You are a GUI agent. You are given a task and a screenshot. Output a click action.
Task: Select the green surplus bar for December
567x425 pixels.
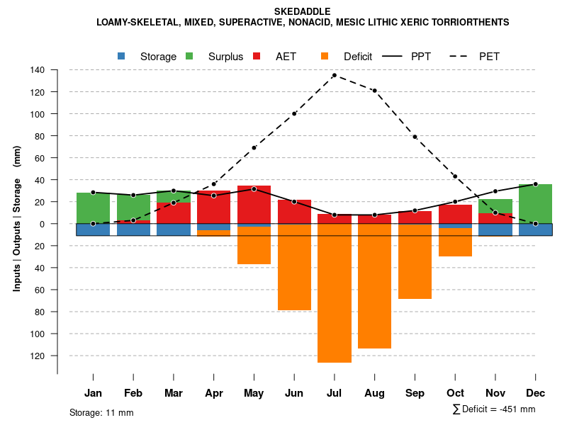[535, 203]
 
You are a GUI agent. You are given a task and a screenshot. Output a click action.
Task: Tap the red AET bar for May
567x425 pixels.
[254, 205]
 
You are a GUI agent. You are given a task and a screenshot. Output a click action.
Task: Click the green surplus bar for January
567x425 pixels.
[93, 208]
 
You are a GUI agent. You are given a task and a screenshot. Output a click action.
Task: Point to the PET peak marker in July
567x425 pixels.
[335, 75]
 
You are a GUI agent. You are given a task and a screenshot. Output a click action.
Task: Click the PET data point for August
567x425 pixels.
[374, 91]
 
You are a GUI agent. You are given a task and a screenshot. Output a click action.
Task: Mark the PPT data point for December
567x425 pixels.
[535, 184]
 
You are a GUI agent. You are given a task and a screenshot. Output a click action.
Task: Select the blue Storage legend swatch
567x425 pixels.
[121, 56]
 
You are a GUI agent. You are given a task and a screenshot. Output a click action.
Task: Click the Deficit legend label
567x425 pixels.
[358, 57]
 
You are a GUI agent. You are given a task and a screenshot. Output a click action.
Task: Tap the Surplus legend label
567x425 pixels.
[225, 57]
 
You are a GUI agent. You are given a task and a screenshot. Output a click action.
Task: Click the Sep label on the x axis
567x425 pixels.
[415, 393]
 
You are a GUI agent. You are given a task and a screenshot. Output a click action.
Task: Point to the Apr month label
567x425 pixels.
[214, 393]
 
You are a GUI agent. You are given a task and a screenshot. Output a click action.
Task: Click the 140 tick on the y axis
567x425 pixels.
[38, 70]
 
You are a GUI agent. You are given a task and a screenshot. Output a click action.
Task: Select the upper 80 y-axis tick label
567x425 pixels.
[40, 136]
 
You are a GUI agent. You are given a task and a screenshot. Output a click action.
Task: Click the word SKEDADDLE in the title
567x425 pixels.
[302, 11]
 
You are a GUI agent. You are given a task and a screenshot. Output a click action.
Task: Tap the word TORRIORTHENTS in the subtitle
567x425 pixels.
[472, 22]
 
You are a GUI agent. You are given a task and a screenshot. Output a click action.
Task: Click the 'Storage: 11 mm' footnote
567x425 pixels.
[101, 412]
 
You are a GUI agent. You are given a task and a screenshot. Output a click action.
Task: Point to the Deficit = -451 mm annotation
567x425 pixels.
[494, 409]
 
